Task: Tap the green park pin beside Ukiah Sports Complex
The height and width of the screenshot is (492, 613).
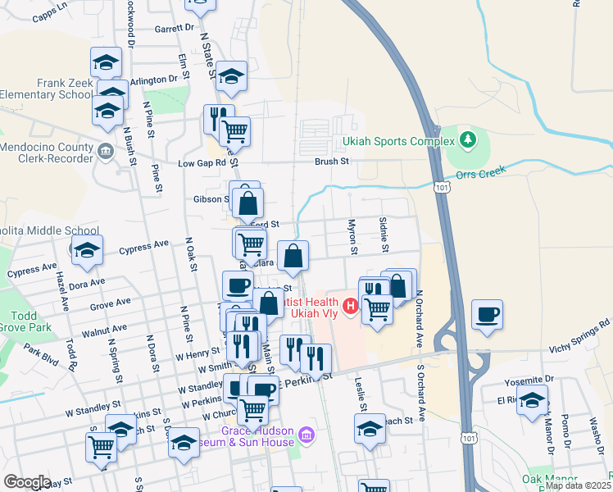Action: (467, 140)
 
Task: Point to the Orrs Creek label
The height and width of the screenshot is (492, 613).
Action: (487, 173)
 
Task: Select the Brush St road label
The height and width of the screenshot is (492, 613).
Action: (332, 162)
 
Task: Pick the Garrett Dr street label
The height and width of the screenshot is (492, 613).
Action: (173, 27)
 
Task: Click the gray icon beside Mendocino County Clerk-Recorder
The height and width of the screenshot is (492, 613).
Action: (106, 151)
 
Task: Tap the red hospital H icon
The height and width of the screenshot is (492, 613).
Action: (351, 307)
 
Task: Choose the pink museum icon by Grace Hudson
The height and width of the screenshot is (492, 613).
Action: (306, 434)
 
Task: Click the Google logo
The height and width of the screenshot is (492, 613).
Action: (27, 482)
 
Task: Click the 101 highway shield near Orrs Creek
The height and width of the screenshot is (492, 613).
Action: (443, 188)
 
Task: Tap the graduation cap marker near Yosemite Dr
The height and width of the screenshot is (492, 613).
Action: (533, 401)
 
